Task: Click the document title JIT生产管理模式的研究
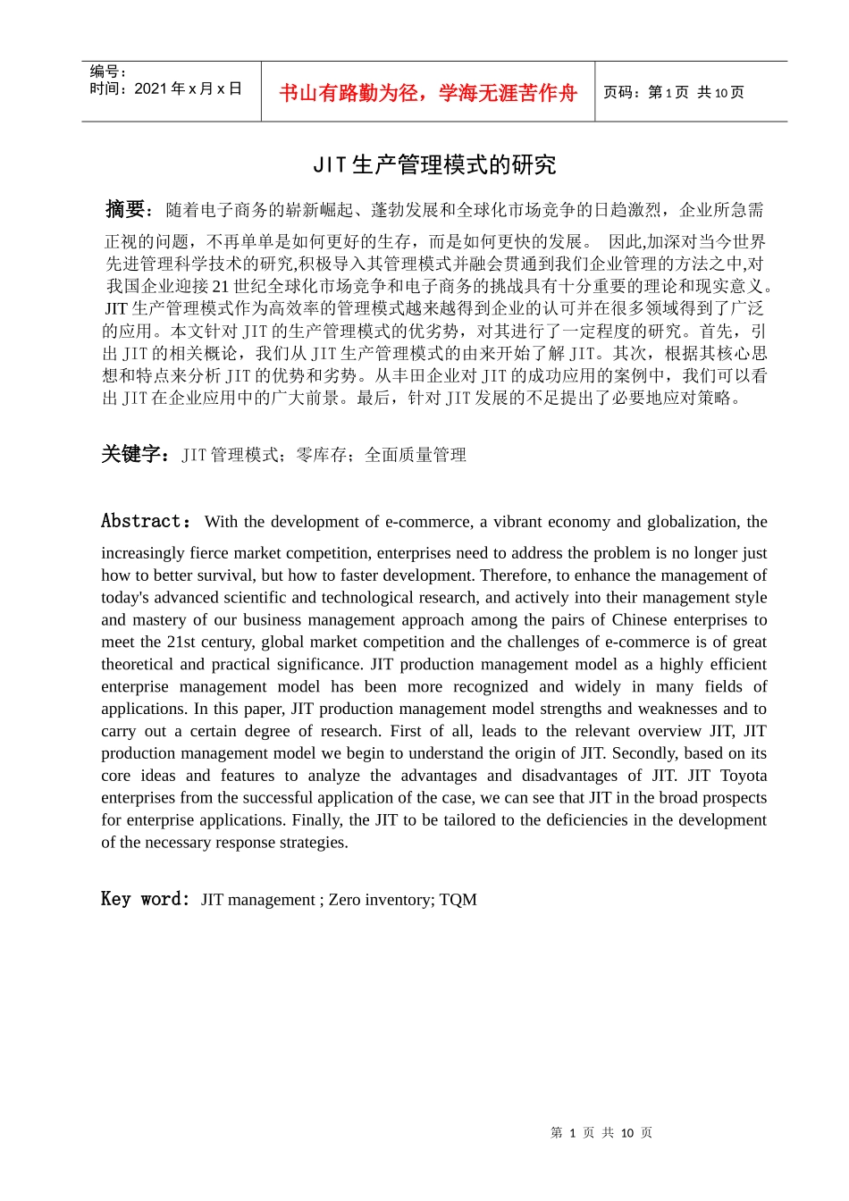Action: [434, 165]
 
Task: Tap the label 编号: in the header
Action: [108, 71]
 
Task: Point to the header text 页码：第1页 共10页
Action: [673, 92]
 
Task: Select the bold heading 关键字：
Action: [136, 454]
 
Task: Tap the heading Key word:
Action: [145, 899]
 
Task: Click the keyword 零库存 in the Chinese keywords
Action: [322, 455]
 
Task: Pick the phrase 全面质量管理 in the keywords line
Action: [416, 455]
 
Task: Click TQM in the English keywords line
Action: [458, 900]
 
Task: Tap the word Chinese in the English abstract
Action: [639, 620]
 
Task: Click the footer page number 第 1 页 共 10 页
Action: [601, 1133]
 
